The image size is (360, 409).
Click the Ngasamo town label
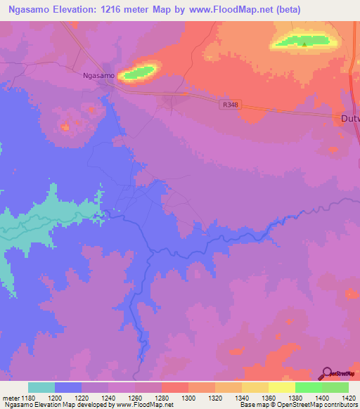(98, 74)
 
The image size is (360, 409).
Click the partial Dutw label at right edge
(350, 118)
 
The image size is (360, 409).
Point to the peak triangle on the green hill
(304, 44)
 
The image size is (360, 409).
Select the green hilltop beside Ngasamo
(139, 71)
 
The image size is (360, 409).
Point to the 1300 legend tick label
(189, 397)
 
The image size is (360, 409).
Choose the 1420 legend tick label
(349, 397)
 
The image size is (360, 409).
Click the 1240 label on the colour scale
(109, 397)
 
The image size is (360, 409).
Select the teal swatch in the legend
(41, 387)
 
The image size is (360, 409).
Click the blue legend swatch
(68, 387)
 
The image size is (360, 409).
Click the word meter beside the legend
(11, 397)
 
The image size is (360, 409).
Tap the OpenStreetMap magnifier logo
(328, 373)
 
